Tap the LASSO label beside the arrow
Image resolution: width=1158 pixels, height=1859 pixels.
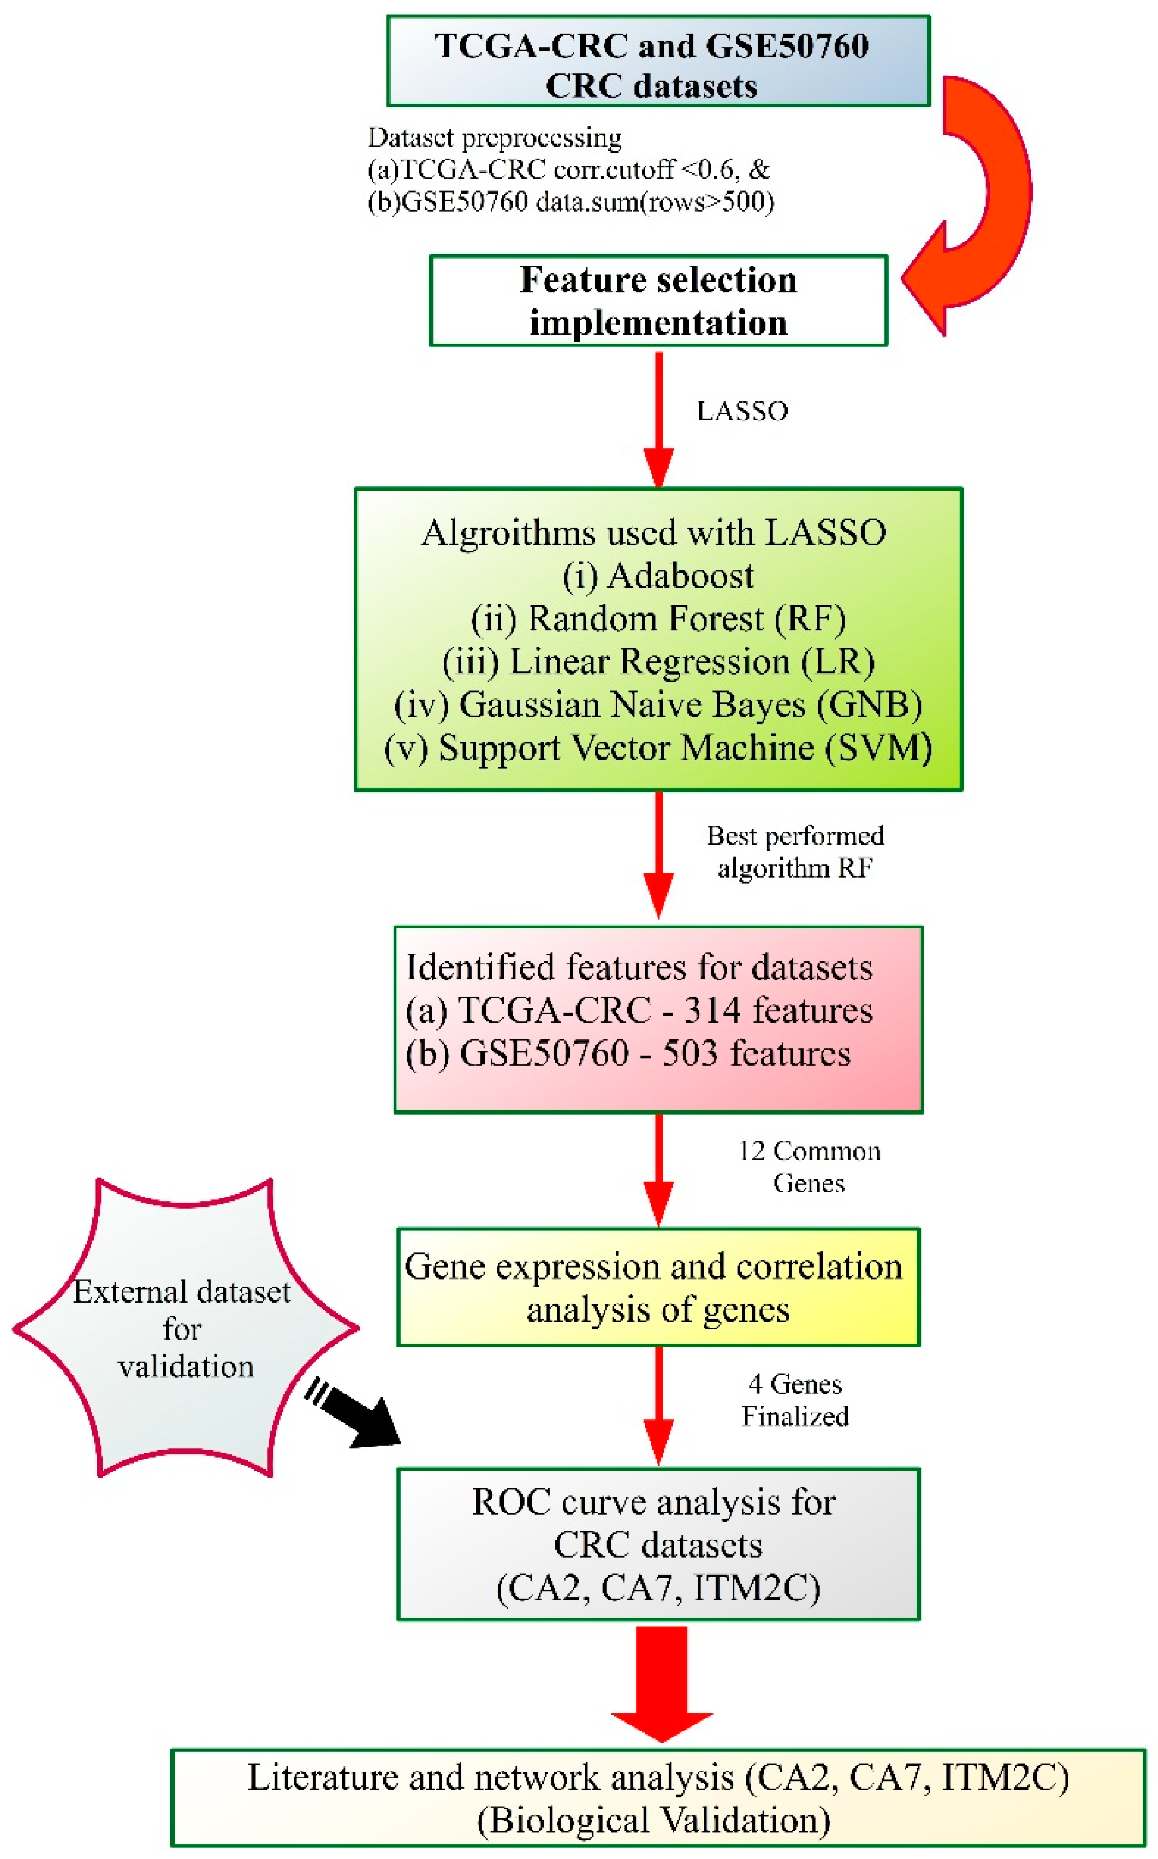click(x=742, y=411)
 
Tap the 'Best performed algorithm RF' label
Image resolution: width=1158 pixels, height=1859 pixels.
click(x=795, y=852)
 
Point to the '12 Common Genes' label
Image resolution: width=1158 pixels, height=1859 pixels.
click(x=809, y=1166)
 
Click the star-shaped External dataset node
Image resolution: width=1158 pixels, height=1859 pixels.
click(x=184, y=1329)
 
